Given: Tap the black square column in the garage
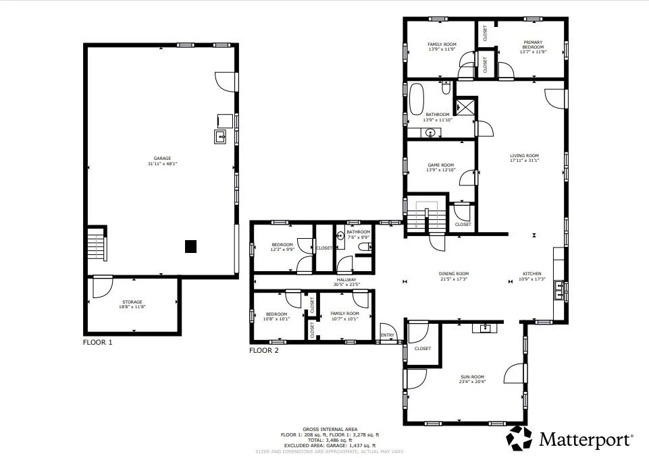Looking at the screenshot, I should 191,247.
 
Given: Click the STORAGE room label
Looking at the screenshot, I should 132,302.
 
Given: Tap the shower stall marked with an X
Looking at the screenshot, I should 465,107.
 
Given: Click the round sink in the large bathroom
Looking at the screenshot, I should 430,132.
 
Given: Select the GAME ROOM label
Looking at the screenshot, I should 440,165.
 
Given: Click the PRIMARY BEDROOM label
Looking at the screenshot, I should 532,45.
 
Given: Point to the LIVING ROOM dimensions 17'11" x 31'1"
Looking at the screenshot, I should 524,161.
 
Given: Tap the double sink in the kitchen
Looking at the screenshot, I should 559,290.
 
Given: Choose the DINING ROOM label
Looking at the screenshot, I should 454,274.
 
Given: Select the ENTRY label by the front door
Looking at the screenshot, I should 388,335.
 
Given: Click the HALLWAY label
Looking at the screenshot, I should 346,279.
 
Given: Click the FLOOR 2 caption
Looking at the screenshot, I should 263,350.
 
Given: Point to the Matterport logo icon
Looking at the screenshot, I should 519,438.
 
